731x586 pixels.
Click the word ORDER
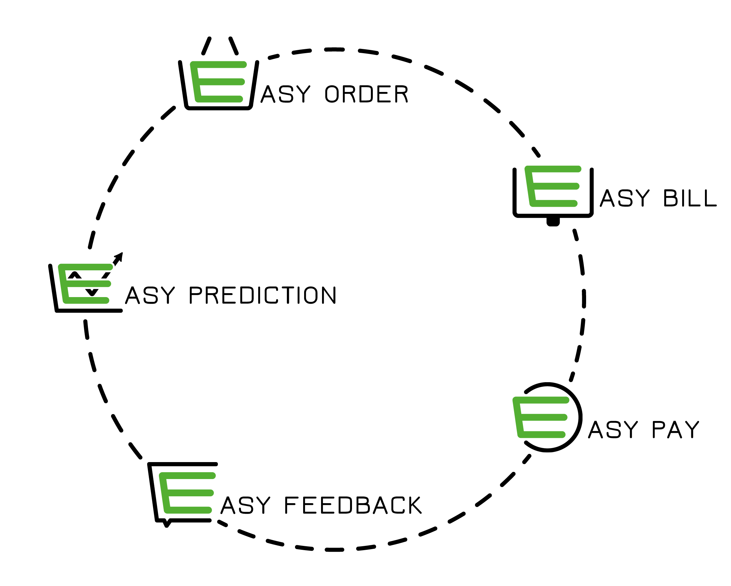tap(366, 94)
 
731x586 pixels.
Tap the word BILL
tap(690, 198)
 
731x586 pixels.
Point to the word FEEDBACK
tap(353, 505)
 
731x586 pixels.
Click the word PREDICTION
tap(262, 295)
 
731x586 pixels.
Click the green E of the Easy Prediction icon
tap(85, 284)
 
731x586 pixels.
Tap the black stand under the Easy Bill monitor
tap(553, 222)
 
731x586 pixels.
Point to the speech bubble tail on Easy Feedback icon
tap(167, 523)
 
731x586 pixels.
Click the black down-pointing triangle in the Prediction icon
tap(92, 292)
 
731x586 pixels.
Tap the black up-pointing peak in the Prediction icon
tap(75, 275)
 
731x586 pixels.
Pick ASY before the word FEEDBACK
tap(246, 505)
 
